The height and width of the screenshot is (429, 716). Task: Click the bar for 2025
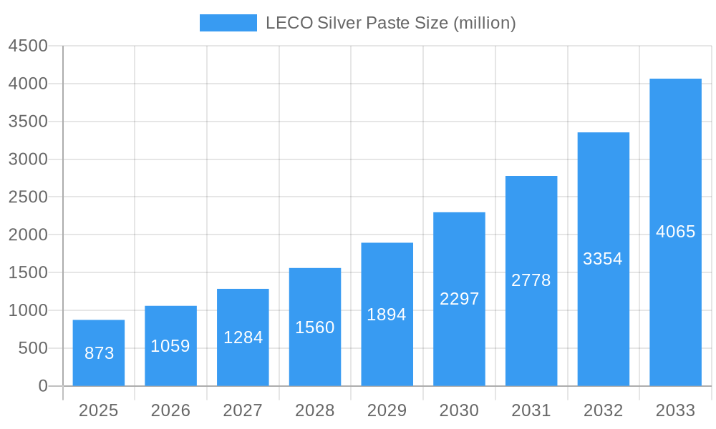click(99, 353)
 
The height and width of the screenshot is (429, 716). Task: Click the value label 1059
click(170, 346)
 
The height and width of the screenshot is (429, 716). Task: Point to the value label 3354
click(603, 259)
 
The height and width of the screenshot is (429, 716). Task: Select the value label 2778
click(531, 280)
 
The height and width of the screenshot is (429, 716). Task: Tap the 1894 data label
click(387, 315)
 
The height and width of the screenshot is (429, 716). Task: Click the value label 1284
click(243, 337)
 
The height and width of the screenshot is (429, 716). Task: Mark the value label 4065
click(675, 232)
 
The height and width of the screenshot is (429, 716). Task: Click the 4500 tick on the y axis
click(28, 46)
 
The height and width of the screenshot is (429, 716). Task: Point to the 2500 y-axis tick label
click(28, 197)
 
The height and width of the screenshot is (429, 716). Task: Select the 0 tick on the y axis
click(42, 386)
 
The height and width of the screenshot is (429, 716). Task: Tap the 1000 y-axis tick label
click(28, 310)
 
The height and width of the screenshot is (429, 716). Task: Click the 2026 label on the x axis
click(170, 410)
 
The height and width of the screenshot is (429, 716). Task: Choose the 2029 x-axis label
click(387, 410)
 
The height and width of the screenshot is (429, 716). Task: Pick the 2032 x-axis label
click(603, 410)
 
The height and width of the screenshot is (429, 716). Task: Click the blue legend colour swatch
click(228, 23)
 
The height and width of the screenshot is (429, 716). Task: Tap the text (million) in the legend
click(485, 23)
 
